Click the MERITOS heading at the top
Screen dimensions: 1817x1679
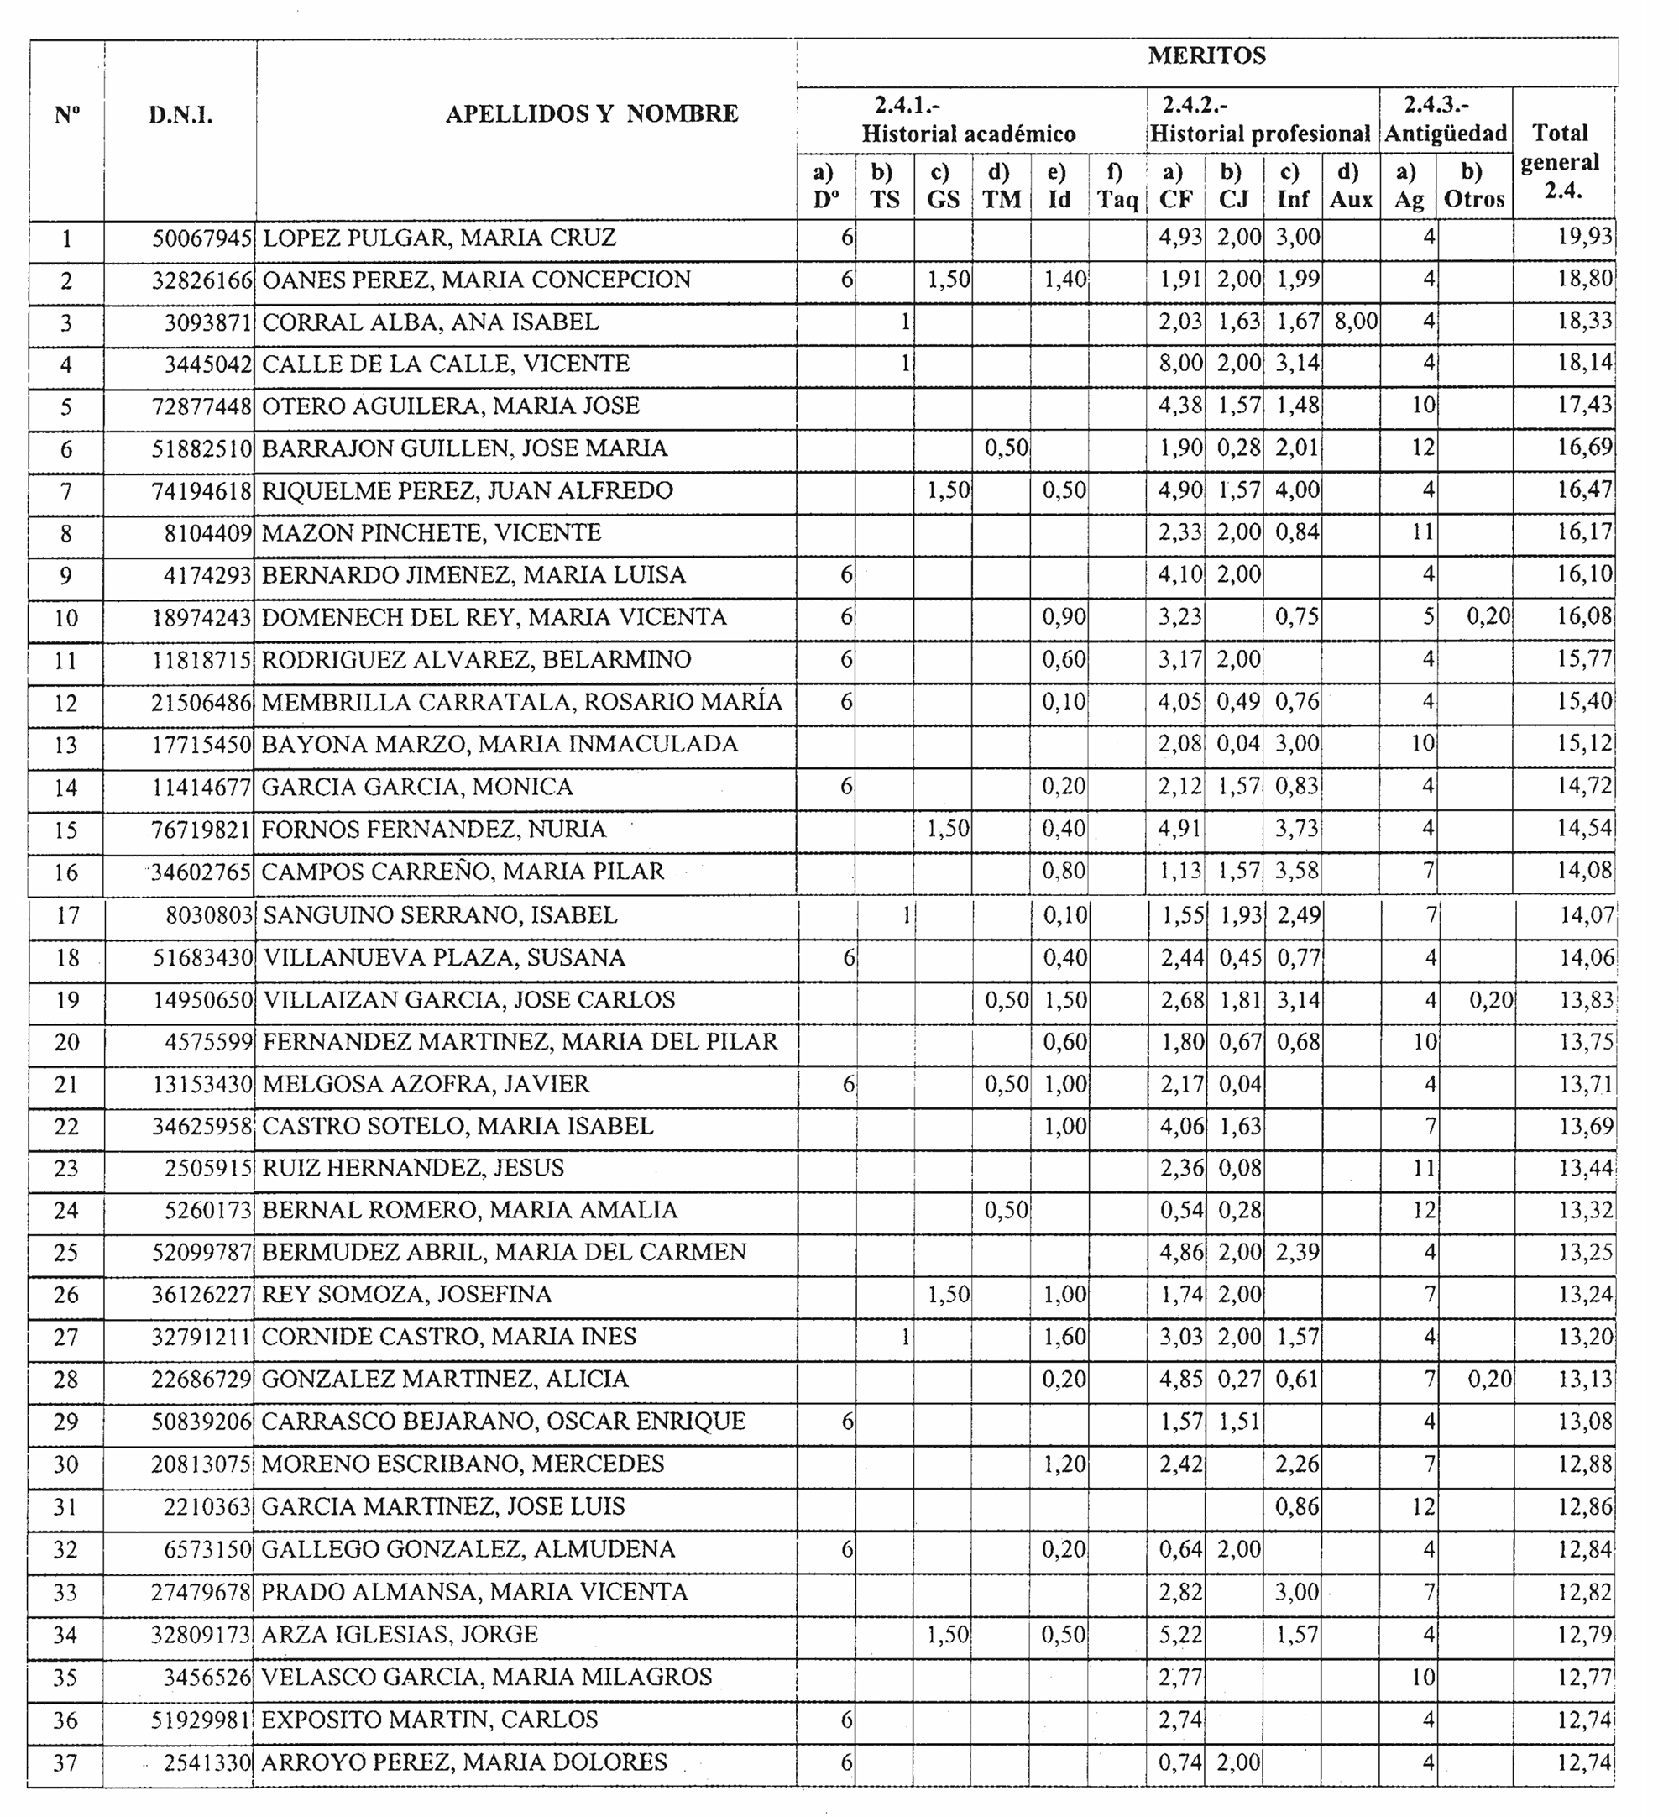[x=1206, y=56]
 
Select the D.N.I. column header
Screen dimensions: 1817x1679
[x=180, y=115]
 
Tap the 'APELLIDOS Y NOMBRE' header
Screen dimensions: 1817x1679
[x=592, y=114]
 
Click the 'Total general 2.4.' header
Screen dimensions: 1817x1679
[x=1560, y=162]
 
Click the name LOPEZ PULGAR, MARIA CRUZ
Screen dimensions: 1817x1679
[x=440, y=238]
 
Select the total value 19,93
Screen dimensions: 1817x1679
[x=1584, y=237]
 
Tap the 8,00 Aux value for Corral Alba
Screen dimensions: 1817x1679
[x=1356, y=322]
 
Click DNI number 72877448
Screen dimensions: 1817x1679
[x=201, y=406]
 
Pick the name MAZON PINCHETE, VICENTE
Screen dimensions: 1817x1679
[x=432, y=532]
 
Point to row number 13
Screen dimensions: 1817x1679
[x=65, y=745]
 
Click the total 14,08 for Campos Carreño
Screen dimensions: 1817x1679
[x=1584, y=872]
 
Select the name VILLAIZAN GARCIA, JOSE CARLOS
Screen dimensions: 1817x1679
[x=468, y=1000]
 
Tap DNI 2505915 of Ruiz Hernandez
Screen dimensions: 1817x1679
[x=208, y=1168]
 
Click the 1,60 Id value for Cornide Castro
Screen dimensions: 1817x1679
[x=1064, y=1338]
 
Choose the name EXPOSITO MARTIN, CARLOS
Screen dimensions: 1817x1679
[x=430, y=1720]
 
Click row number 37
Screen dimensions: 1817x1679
[x=65, y=1763]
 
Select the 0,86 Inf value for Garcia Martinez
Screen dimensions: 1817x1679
[x=1296, y=1507]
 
